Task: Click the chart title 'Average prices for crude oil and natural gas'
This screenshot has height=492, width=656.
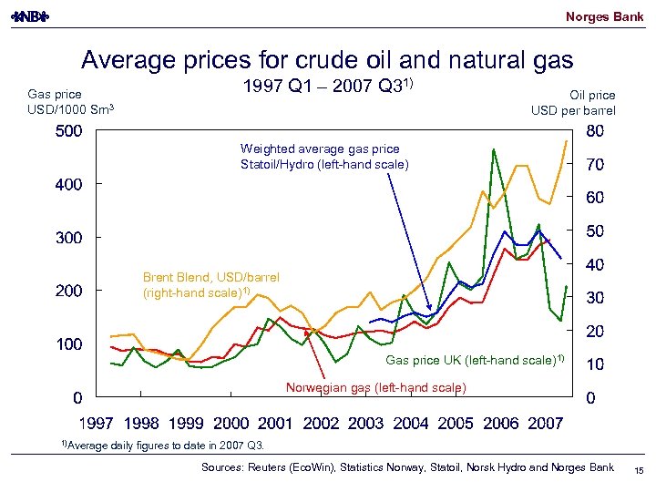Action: (x=327, y=60)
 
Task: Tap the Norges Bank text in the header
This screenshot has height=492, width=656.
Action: (x=604, y=16)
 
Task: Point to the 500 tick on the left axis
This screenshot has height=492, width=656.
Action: (x=66, y=131)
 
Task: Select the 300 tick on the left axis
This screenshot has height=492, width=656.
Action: (x=66, y=238)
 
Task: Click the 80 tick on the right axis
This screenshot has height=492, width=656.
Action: (x=595, y=131)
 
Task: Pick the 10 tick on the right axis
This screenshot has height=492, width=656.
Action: (x=595, y=364)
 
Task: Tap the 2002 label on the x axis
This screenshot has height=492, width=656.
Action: (x=321, y=424)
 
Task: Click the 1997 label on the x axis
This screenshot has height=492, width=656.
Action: (x=97, y=424)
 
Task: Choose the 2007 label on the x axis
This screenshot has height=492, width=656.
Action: (x=545, y=424)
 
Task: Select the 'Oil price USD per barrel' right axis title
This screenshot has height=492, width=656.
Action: (x=573, y=103)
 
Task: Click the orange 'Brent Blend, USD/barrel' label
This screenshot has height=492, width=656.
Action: (x=211, y=285)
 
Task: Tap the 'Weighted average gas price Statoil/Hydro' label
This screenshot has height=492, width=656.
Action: (x=324, y=157)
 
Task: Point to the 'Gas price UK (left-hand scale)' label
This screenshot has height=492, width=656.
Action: (x=475, y=360)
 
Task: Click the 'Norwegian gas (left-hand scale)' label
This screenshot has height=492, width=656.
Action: (x=376, y=388)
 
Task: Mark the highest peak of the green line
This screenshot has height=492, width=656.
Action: (x=493, y=149)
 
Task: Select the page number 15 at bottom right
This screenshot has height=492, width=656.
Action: (x=638, y=468)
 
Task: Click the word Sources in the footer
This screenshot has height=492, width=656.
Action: (x=224, y=467)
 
